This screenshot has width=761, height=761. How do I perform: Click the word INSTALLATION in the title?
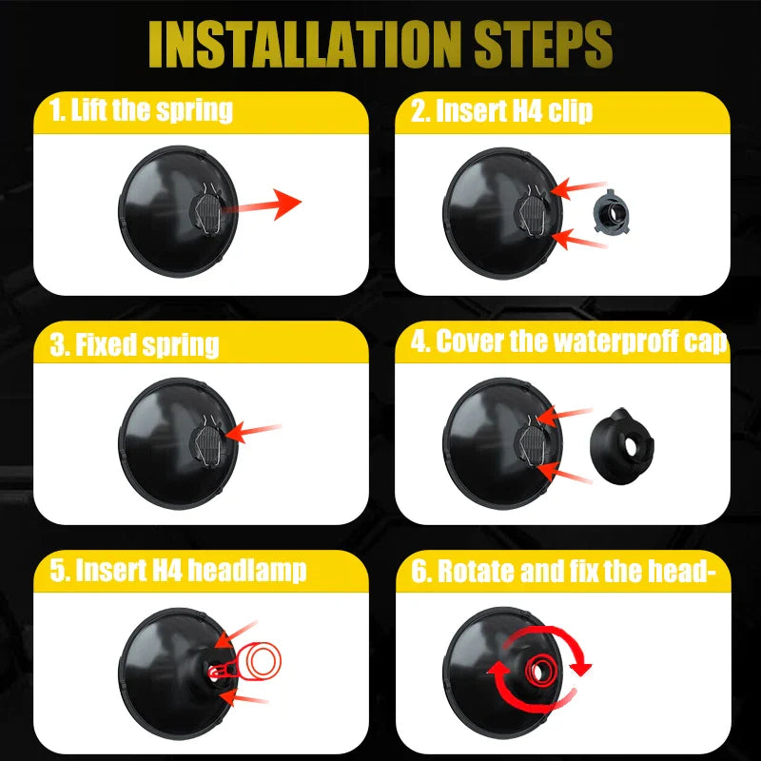click(303, 45)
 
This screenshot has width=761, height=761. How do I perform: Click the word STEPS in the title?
click(543, 45)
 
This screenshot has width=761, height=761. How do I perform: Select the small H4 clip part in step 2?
click(612, 211)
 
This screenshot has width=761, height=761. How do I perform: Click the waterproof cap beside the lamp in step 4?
click(622, 446)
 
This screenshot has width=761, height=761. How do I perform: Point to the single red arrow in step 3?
click(253, 431)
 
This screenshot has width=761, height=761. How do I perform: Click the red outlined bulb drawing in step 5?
click(245, 661)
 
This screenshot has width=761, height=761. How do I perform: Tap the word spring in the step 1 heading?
click(194, 110)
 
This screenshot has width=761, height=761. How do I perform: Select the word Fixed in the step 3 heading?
click(106, 344)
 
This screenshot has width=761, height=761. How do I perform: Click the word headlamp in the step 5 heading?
click(247, 570)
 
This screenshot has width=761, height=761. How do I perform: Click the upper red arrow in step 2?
click(578, 187)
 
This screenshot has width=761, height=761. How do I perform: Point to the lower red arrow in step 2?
click(578, 240)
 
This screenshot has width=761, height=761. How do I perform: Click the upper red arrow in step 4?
click(564, 416)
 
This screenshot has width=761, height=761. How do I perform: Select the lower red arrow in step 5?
click(244, 697)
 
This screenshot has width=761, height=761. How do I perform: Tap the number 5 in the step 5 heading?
click(57, 570)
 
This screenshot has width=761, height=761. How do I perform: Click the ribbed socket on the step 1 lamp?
click(207, 213)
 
